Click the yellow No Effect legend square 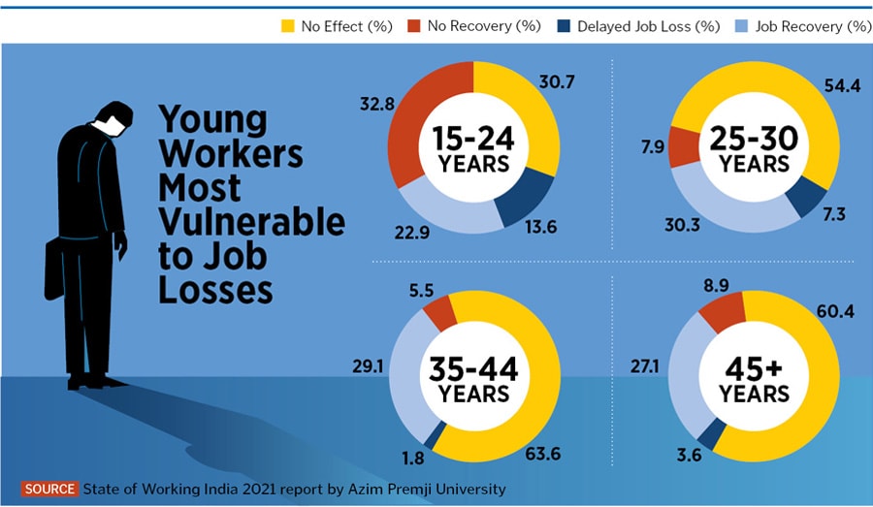tap(287, 25)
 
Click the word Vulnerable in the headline tap(251, 222)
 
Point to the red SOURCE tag tap(49, 489)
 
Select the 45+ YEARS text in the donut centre tap(754, 382)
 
